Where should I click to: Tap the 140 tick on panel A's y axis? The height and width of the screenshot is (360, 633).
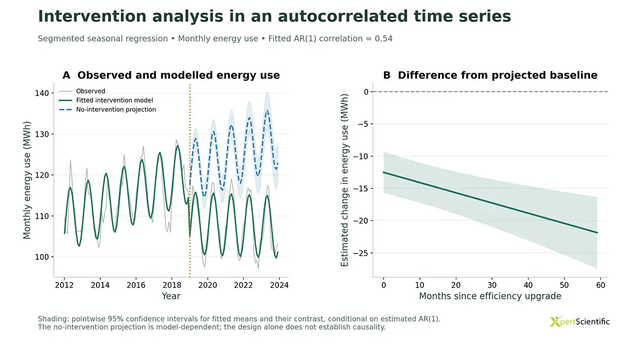(42, 93)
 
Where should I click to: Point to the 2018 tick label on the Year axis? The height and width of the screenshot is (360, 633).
(172, 285)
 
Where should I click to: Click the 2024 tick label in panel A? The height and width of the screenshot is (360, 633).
(279, 285)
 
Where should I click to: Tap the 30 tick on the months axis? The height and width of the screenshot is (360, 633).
(492, 285)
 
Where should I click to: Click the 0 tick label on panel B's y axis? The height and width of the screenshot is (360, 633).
(366, 92)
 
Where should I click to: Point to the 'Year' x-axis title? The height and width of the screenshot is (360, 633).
(171, 296)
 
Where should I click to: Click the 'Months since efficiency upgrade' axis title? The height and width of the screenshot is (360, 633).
(490, 296)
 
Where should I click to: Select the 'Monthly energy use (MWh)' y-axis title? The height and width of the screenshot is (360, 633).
(26, 180)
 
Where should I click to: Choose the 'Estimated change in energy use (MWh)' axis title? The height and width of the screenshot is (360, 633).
(344, 180)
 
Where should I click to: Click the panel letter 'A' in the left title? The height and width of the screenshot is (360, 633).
(66, 75)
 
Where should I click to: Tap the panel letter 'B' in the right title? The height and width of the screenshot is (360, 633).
(387, 75)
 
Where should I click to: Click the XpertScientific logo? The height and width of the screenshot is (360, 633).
(580, 322)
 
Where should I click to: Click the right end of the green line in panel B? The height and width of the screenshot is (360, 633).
(597, 232)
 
